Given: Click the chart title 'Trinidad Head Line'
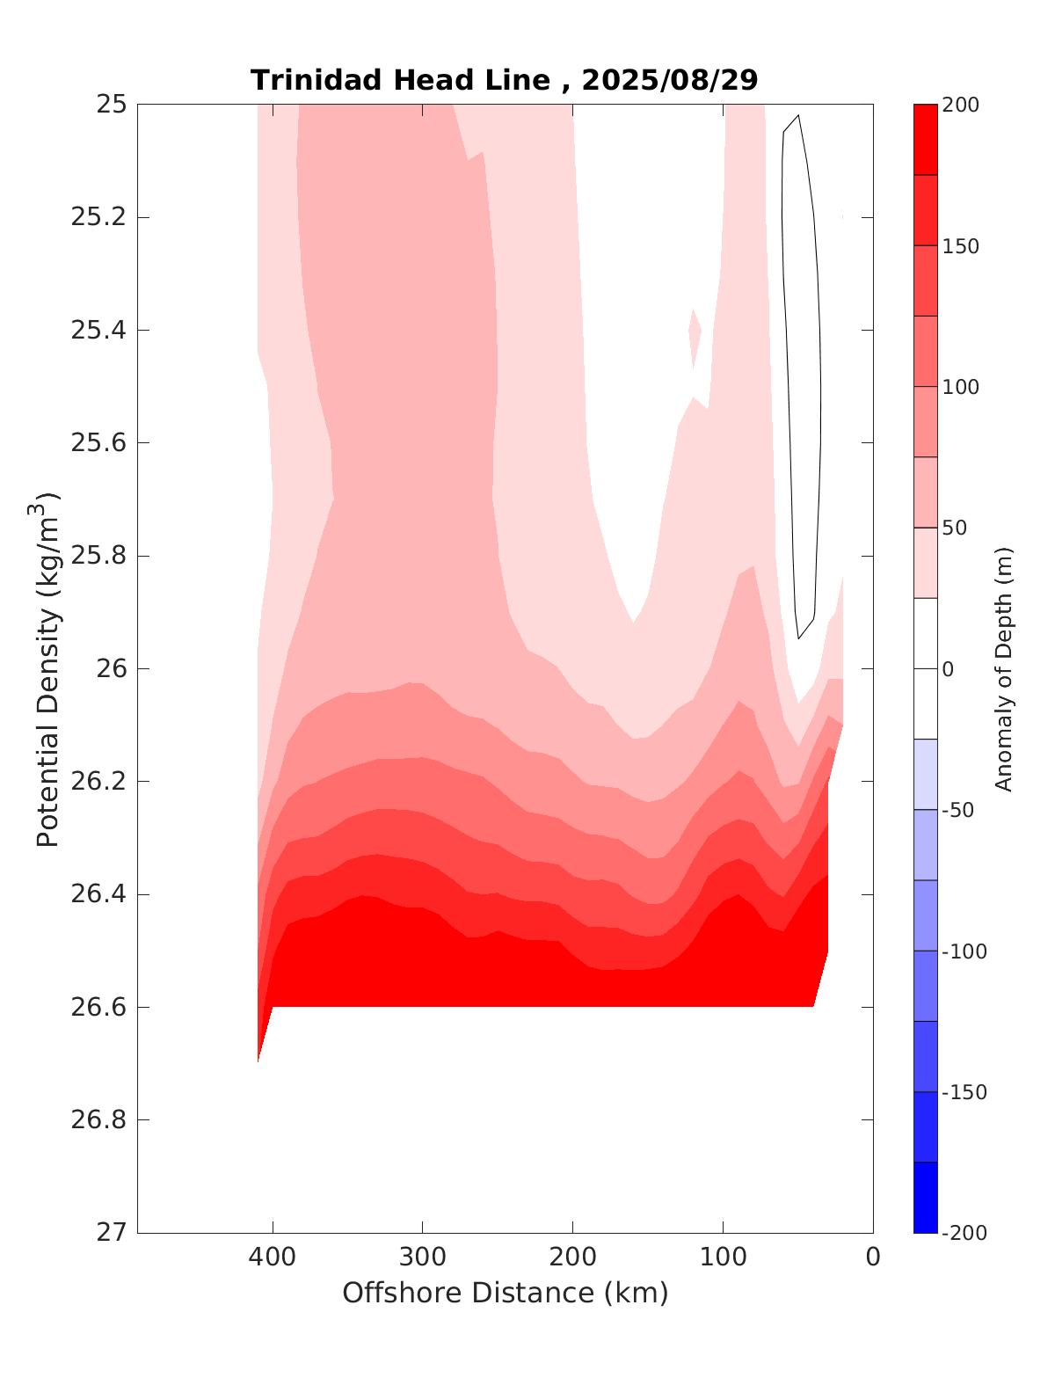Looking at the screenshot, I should click(x=400, y=80).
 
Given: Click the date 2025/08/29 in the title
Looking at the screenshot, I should click(x=669, y=80).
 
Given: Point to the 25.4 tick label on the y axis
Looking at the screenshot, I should click(x=98, y=331).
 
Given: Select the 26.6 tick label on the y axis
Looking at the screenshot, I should click(x=98, y=1007).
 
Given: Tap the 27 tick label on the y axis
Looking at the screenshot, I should click(x=111, y=1233).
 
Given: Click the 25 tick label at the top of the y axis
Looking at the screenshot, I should click(x=111, y=105).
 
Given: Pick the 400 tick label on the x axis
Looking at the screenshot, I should click(x=273, y=1257).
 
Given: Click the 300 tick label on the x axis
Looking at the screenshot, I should click(x=423, y=1257).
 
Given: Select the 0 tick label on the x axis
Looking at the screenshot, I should click(x=873, y=1257).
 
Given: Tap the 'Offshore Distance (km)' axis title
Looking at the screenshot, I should click(x=505, y=1294).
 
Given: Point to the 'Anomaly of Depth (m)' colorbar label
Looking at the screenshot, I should click(x=1004, y=668).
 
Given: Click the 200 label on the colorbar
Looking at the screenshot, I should click(x=960, y=106).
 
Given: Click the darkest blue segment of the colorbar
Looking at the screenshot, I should click(x=925, y=1198).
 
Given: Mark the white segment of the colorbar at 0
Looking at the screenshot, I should click(x=925, y=668).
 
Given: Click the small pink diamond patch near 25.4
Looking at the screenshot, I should click(x=695, y=334).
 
